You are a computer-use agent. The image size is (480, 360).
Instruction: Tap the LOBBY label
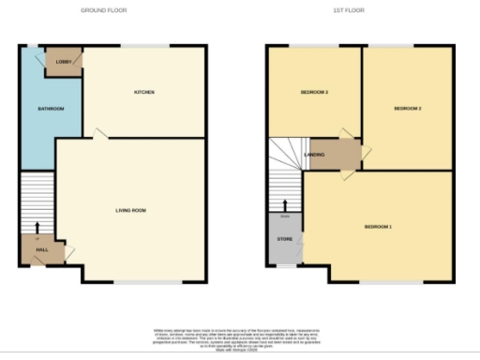coord(63,61)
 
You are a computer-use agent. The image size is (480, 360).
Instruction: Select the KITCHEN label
coord(143,92)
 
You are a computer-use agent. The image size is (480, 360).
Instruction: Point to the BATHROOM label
coord(51,109)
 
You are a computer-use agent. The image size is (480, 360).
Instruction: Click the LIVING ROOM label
coord(131,210)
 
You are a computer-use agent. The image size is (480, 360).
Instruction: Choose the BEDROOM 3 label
coord(313,92)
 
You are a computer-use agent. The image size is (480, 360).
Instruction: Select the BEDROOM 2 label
coord(407,109)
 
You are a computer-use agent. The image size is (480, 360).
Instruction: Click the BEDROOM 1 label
coord(378,227)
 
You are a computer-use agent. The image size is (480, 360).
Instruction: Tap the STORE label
coord(284,240)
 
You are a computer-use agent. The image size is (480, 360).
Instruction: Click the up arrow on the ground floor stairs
coord(37,226)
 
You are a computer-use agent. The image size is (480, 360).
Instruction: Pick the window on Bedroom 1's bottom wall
coord(379,282)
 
